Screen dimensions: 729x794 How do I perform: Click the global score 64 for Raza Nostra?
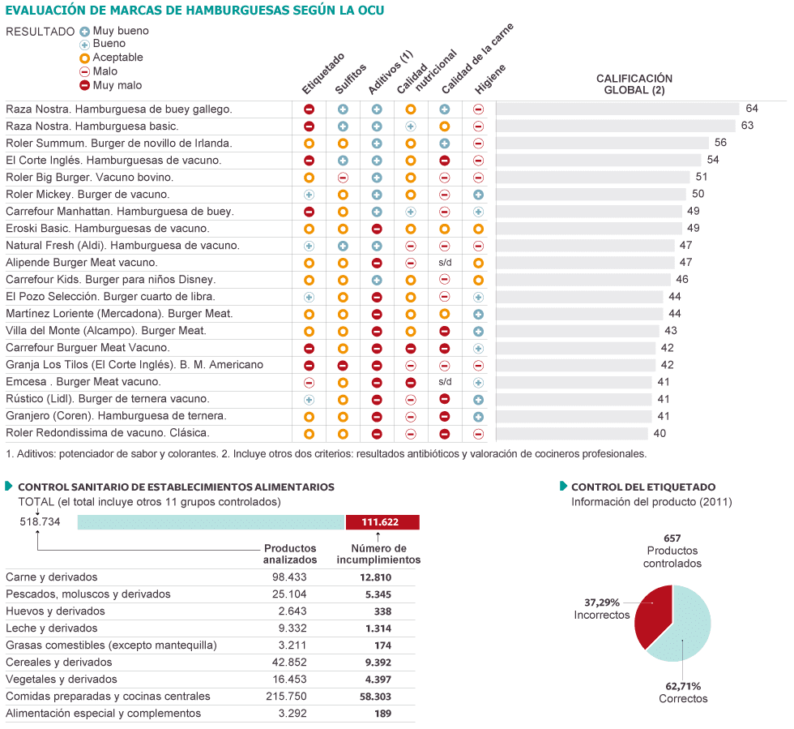pos(752,109)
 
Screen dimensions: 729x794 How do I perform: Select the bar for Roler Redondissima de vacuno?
pos(572,433)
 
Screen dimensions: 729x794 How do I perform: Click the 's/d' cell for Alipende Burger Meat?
pos(445,263)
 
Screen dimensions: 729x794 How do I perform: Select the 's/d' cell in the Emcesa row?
pos(445,381)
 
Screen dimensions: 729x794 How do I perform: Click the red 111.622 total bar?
pos(382,522)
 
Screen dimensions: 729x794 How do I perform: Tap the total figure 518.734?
pos(41,522)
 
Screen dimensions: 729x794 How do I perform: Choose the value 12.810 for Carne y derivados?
pos(375,577)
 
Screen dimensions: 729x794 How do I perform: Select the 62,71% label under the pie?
pos(683,686)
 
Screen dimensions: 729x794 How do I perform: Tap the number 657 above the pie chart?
pos(672,538)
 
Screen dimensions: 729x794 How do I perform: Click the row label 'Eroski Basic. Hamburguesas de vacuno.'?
pos(107,228)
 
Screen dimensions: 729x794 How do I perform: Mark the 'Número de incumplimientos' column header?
pos(378,554)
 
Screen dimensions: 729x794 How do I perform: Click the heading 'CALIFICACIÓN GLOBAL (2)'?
pos(634,84)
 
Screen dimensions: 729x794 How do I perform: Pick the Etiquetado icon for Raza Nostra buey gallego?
pos(309,109)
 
